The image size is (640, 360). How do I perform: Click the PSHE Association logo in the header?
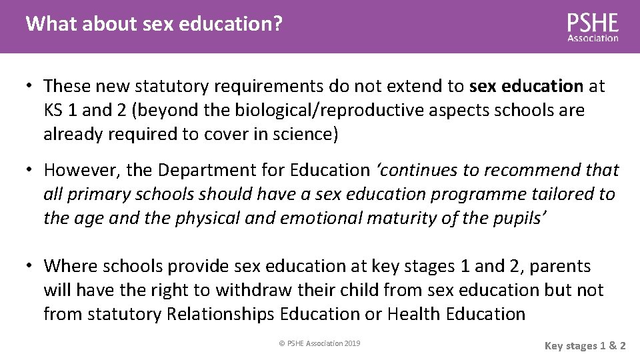pyautogui.click(x=593, y=27)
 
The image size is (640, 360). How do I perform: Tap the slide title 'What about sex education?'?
pyautogui.click(x=154, y=25)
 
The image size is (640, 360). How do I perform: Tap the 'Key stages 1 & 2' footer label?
pyautogui.click(x=585, y=345)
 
